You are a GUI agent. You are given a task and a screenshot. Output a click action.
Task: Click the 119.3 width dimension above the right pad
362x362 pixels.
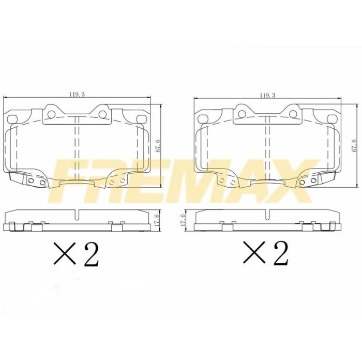267,95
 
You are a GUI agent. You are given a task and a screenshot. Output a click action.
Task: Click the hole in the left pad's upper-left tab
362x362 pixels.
51,113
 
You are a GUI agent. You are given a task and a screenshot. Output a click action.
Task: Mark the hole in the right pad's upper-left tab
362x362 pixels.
242,113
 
